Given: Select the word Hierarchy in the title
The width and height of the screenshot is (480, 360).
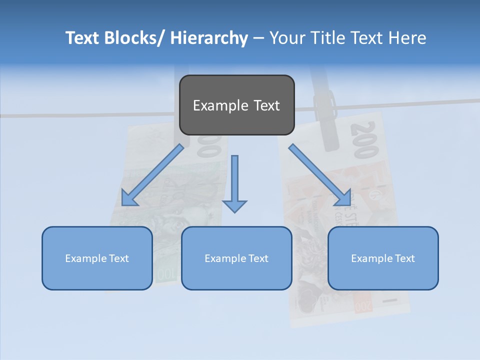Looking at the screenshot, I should (x=209, y=38).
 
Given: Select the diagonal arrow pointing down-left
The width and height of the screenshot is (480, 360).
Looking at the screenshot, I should (x=152, y=175).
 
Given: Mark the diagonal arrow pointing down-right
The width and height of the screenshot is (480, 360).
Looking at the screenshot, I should (x=320, y=175).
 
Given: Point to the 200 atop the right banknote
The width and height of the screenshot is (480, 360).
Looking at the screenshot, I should (x=364, y=139).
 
